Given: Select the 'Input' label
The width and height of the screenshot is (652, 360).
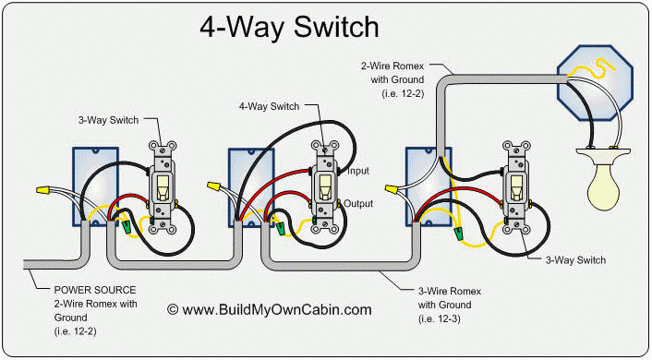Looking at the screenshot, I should (x=360, y=171).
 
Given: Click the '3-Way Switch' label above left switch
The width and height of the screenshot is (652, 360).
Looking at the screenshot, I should (x=108, y=119).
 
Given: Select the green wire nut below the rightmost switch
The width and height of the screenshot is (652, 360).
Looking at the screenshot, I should (x=459, y=236).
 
